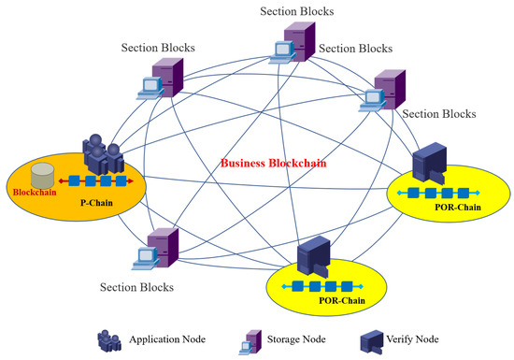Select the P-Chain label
click(x=97, y=200)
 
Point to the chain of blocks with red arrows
click(x=96, y=180)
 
